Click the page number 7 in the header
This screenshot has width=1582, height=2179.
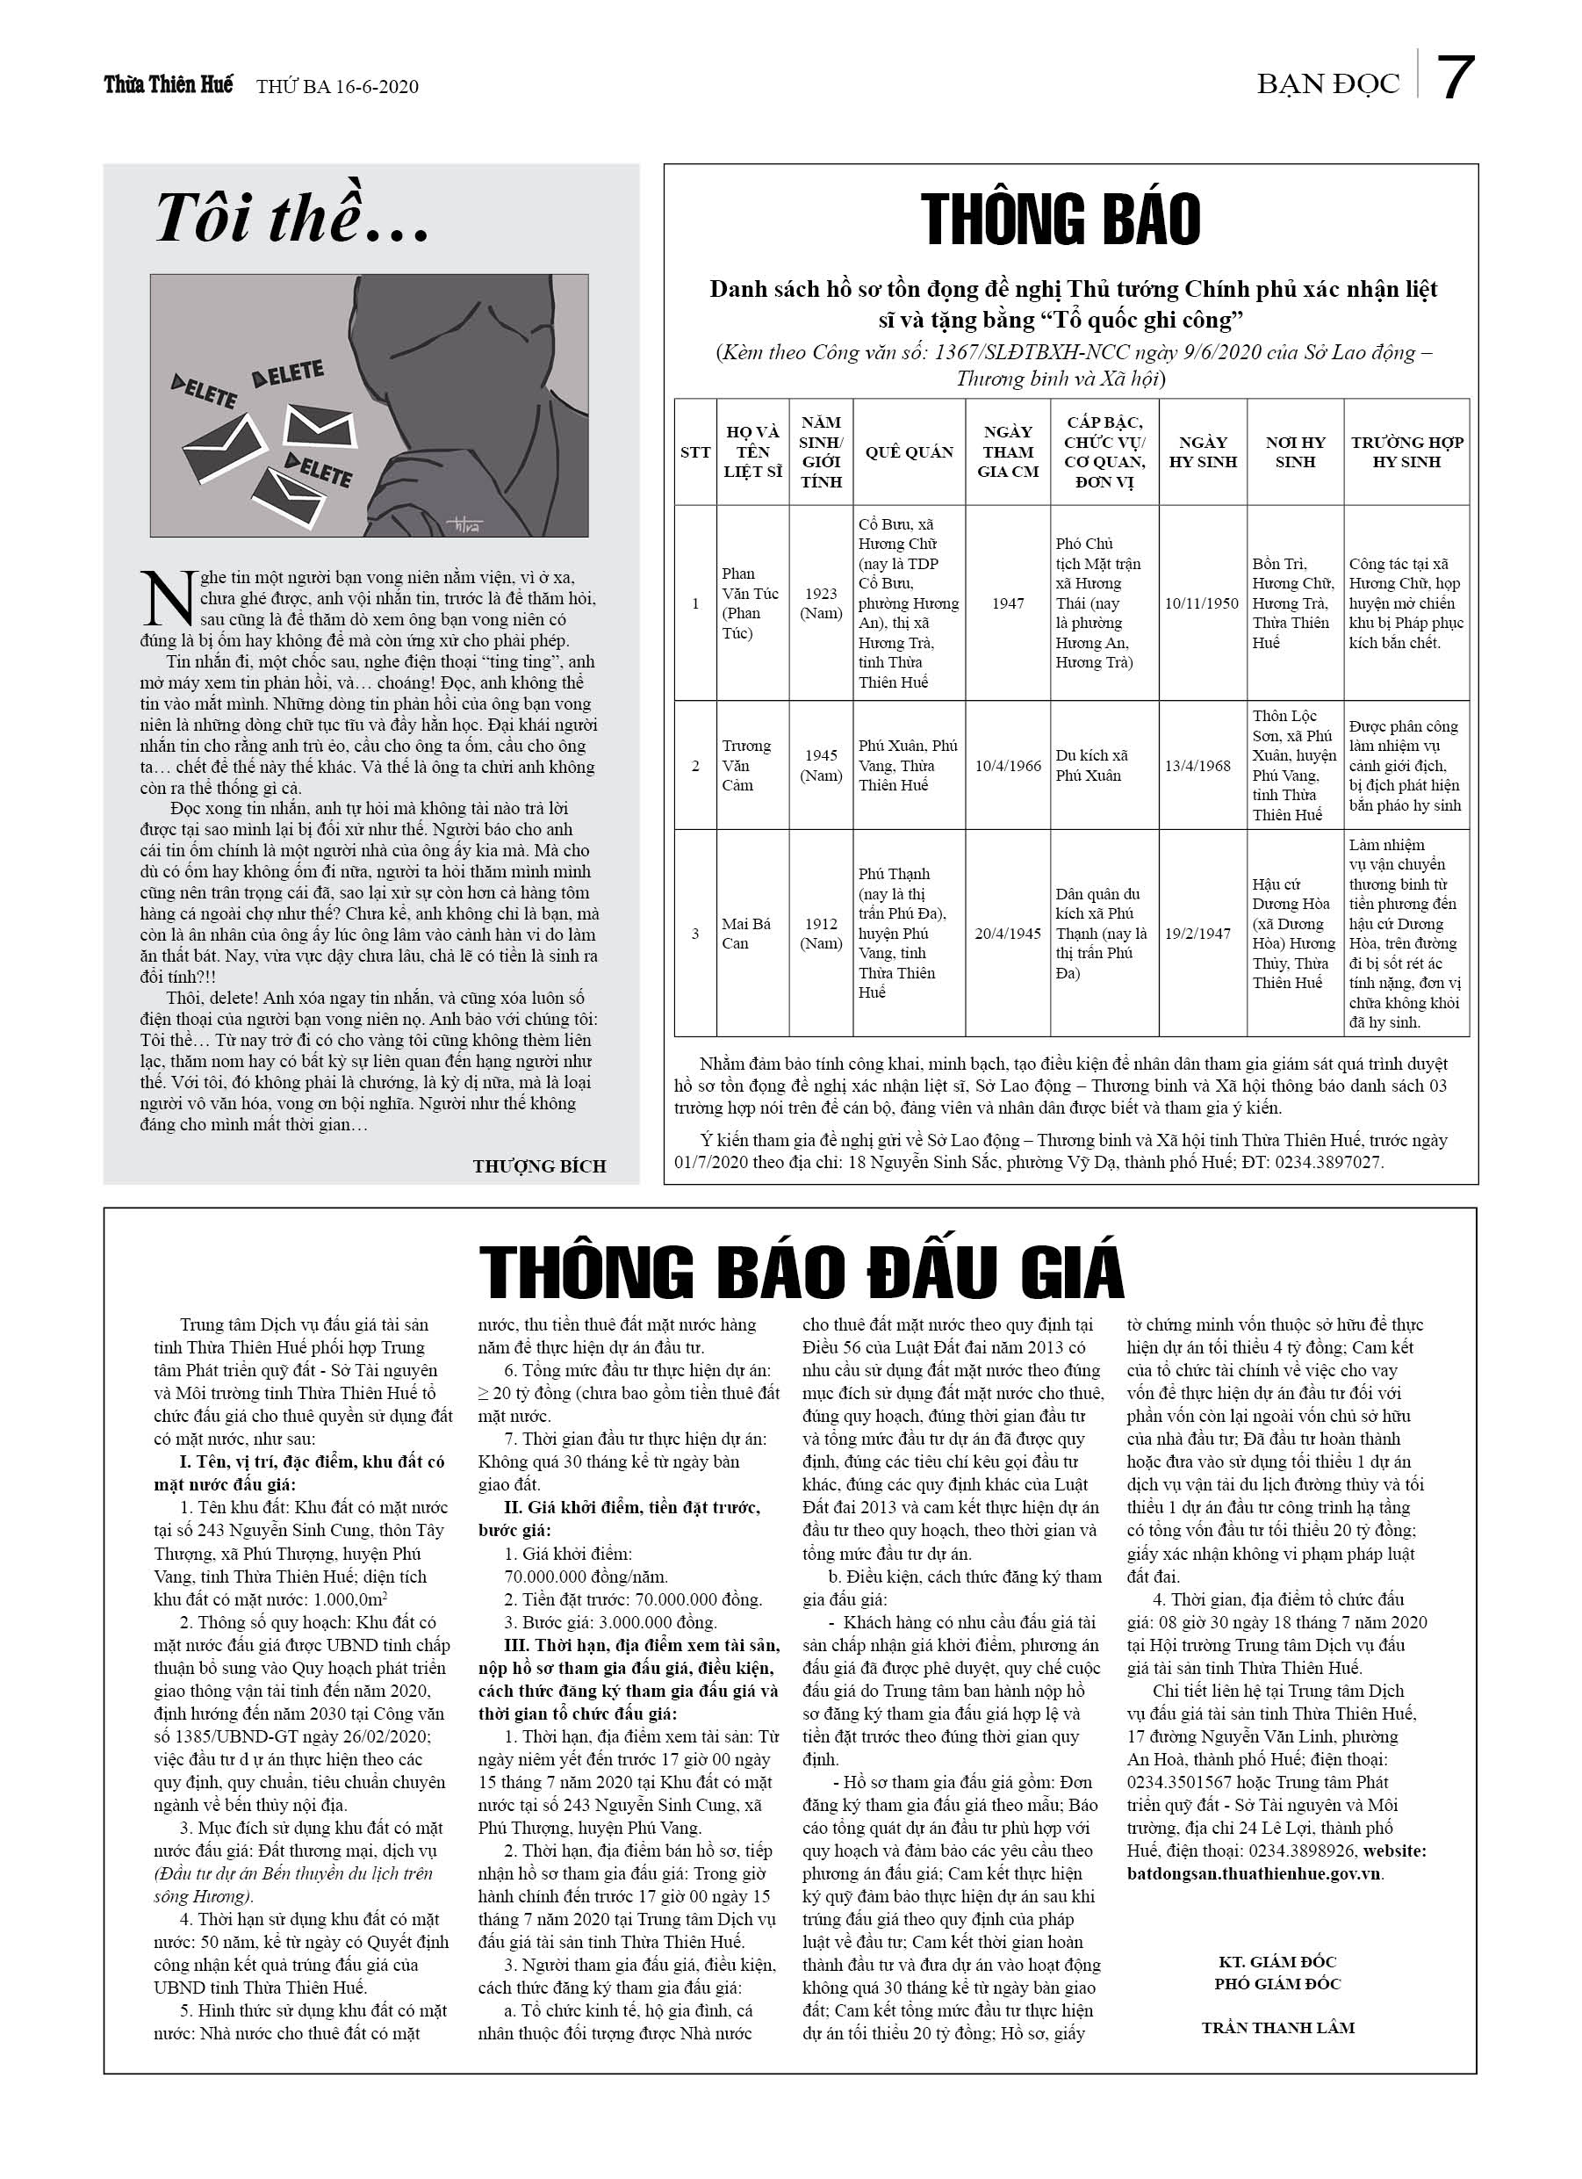click(x=1456, y=79)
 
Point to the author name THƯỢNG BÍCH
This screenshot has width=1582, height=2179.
click(x=539, y=1166)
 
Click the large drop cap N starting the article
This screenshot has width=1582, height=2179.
click(x=167, y=596)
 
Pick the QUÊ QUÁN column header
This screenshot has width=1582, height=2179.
click(x=909, y=451)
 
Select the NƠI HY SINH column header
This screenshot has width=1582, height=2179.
click(x=1295, y=451)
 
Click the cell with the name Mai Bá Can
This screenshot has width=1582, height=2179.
click(x=746, y=933)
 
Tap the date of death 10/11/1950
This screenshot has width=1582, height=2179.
click(x=1202, y=603)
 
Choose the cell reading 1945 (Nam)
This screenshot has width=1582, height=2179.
click(x=821, y=765)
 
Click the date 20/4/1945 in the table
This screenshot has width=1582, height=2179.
click(x=1008, y=933)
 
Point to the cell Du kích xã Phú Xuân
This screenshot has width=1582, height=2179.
click(x=1092, y=765)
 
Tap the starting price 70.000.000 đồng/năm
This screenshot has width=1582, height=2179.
click(x=586, y=1576)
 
